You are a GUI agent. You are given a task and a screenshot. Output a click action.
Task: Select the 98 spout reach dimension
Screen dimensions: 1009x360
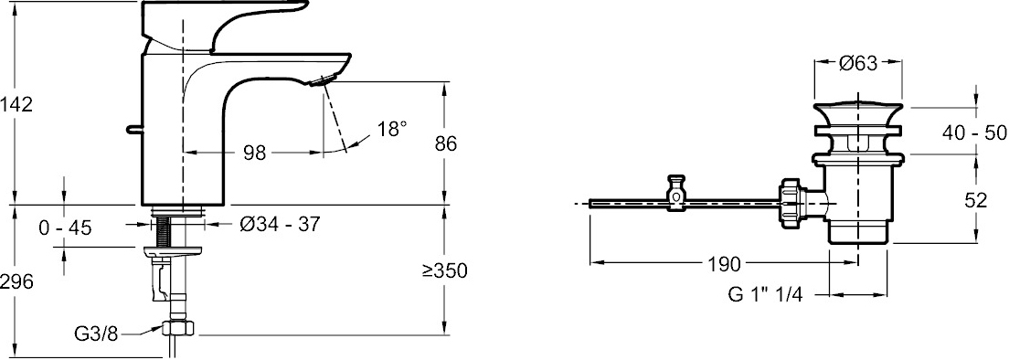click(255, 153)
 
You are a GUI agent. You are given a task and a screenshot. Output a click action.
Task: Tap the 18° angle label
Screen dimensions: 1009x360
click(392, 129)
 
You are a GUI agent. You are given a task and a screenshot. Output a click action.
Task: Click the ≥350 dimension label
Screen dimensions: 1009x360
click(445, 270)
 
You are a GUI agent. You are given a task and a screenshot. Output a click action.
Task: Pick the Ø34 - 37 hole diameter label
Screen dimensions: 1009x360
click(280, 225)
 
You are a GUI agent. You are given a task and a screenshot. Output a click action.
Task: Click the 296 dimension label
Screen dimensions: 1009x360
click(16, 281)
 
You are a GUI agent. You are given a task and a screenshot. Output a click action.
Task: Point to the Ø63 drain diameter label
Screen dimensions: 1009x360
click(858, 62)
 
